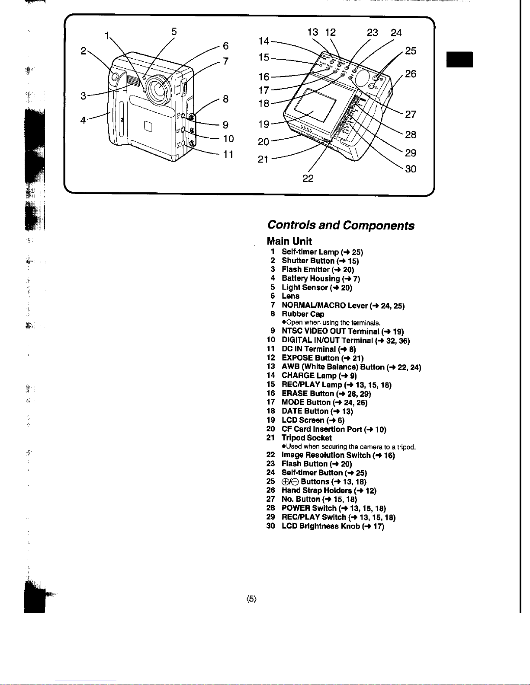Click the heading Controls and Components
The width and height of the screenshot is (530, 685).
tap(340, 225)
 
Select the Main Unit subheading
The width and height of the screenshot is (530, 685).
tap(289, 241)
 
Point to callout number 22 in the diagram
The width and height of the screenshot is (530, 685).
tap(308, 178)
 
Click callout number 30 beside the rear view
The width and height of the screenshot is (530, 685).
tap(411, 169)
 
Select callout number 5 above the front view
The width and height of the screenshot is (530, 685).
tap(174, 32)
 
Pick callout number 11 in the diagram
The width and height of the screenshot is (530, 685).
tap(228, 154)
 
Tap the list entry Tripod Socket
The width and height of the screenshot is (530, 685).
tap(306, 438)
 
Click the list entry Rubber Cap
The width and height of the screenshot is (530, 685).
tap(302, 314)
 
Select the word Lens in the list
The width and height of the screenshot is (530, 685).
tap(290, 296)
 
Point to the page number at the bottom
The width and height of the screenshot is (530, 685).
tap(251, 599)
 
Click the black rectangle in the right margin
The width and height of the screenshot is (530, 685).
tap(460, 59)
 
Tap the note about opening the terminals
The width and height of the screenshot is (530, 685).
tap(331, 322)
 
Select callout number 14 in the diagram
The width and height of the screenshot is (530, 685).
tap(264, 41)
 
